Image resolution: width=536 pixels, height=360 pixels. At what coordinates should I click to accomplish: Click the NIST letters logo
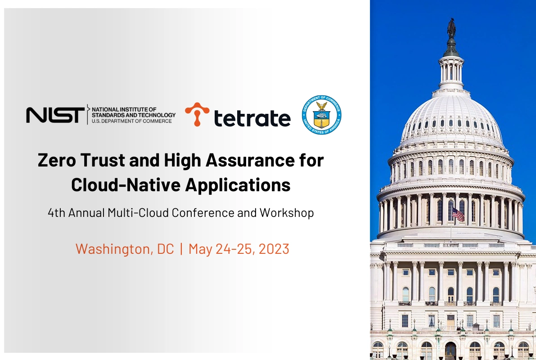(55, 115)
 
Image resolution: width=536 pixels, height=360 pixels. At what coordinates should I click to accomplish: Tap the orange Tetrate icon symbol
(197, 114)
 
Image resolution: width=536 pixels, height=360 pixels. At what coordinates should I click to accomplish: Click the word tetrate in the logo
(252, 118)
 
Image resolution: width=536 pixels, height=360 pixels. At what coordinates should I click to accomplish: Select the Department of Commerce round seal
(322, 115)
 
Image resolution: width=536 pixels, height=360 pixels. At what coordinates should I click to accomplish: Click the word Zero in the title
(57, 160)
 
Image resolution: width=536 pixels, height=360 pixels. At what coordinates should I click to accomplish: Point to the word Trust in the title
(103, 160)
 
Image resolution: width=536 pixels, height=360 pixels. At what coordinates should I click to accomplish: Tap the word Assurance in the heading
(250, 160)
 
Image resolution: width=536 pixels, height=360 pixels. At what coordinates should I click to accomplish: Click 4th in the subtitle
(56, 213)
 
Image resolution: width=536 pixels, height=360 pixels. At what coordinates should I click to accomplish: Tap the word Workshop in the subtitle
(287, 213)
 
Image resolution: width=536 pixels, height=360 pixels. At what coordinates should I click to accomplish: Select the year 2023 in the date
(274, 249)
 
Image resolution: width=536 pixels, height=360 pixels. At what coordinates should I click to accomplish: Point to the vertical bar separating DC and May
(181, 249)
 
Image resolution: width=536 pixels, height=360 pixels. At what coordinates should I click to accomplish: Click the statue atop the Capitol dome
(451, 28)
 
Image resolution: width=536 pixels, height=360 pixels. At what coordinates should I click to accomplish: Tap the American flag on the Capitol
(458, 214)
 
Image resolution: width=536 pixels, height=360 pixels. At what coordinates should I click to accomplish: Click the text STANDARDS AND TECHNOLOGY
(133, 115)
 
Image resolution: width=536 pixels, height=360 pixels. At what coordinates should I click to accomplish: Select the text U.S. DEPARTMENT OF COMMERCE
(131, 121)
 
